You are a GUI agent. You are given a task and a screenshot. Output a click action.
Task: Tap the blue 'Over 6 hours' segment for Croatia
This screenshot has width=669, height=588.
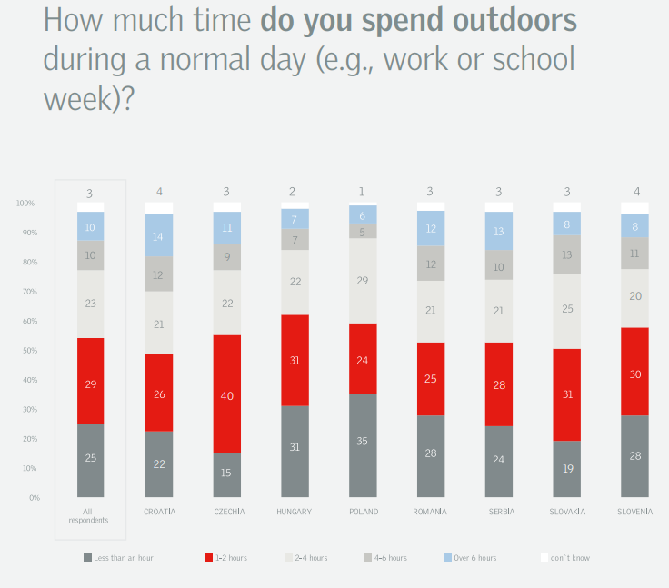pyautogui.click(x=159, y=235)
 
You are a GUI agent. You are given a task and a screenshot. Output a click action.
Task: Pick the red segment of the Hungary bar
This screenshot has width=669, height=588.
pyautogui.click(x=295, y=360)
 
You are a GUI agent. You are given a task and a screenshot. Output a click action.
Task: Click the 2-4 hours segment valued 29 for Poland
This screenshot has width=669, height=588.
pyautogui.click(x=363, y=281)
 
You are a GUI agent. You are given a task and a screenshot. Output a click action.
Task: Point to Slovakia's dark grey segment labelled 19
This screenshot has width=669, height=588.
pyautogui.click(x=567, y=469)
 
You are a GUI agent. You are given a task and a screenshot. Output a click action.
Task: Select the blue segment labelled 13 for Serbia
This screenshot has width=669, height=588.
pyautogui.click(x=499, y=231)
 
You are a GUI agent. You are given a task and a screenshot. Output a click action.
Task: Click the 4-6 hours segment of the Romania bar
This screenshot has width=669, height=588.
pyautogui.click(x=431, y=264)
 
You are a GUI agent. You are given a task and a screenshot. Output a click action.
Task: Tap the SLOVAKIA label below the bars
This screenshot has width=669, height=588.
pyautogui.click(x=567, y=512)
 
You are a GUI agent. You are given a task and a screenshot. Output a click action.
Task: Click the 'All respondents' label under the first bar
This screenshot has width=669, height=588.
pyautogui.click(x=89, y=516)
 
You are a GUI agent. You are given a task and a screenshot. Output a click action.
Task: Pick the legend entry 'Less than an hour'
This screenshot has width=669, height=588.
pyautogui.click(x=118, y=557)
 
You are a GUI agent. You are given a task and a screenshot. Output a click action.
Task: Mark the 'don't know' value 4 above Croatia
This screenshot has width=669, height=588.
pyautogui.click(x=159, y=192)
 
